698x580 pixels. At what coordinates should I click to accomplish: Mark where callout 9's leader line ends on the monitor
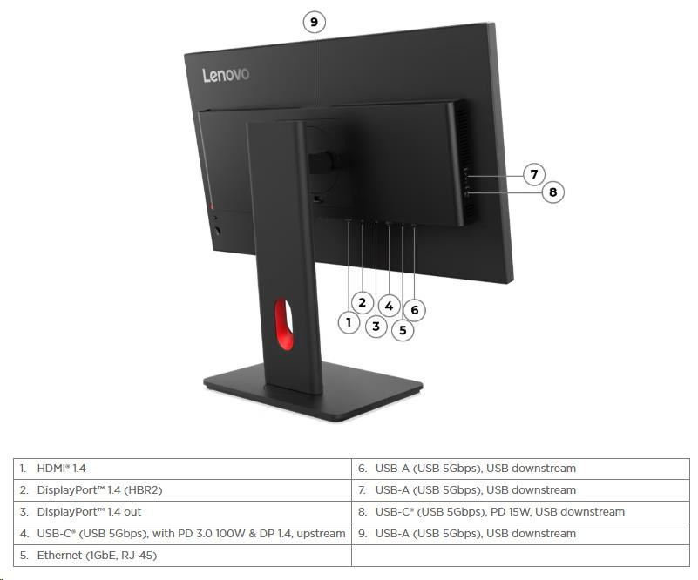tap(315, 107)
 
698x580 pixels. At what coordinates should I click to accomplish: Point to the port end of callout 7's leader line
tap(467, 176)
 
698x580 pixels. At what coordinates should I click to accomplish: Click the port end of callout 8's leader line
tap(466, 193)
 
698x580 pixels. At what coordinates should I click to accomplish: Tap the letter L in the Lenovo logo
tap(207, 76)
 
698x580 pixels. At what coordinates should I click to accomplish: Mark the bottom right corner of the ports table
tap(689, 566)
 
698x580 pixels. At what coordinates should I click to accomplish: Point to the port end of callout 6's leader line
tap(415, 226)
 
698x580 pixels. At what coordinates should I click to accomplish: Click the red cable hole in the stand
tap(284, 324)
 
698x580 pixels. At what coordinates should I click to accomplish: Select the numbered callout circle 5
tap(403, 330)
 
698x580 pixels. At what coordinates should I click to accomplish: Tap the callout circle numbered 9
tap(315, 22)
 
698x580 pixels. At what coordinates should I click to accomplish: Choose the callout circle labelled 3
tap(376, 327)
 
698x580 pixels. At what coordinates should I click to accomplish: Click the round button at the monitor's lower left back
tap(217, 232)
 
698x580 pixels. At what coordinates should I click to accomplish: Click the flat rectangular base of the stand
tap(313, 390)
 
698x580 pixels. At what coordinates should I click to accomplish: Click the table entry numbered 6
tap(467, 469)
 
